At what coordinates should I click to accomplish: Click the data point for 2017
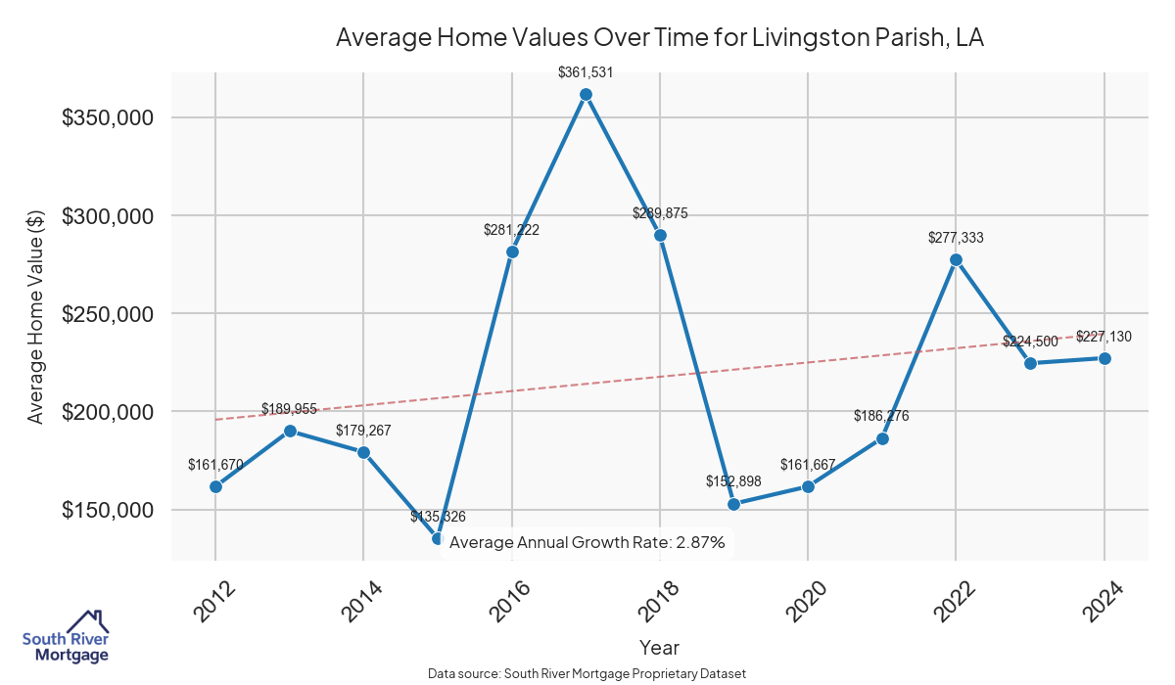[586, 95]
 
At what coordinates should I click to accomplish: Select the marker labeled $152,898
[734, 504]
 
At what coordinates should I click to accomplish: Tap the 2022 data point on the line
[956, 259]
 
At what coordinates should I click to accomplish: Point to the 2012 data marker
[215, 486]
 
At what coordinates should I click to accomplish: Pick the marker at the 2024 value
[1104, 358]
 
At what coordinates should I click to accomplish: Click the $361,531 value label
[586, 71]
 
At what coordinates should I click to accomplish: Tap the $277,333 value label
[956, 237]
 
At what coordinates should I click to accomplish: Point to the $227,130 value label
[1104, 337]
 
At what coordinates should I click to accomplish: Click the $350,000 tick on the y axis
[107, 117]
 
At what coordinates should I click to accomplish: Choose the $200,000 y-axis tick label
[107, 412]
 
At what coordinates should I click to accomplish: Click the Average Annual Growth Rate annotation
[587, 543]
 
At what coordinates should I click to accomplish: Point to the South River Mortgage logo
[66, 635]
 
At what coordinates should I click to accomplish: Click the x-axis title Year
[659, 647]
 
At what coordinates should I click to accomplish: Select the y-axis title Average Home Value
[36, 314]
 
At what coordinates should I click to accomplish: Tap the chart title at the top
[659, 38]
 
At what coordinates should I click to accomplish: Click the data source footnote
[587, 673]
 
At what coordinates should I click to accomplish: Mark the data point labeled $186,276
[882, 438]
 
